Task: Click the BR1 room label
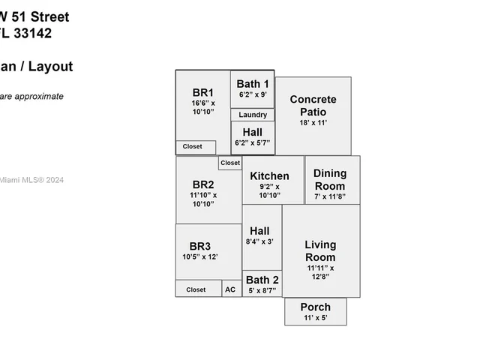pos(202,93)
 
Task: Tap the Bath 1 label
pos(253,83)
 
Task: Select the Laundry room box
pos(253,115)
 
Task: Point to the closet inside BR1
pos(193,147)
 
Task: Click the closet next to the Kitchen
pos(230,163)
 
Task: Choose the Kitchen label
pos(269,176)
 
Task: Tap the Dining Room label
pos(330,180)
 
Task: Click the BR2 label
pos(202,184)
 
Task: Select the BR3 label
pos(199,246)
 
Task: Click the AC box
pos(230,289)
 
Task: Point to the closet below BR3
pos(196,289)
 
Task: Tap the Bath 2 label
pos(261,280)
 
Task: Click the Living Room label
pos(320,251)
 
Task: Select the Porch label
pos(315,307)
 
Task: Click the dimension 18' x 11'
pos(313,121)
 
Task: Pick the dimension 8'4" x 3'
pos(259,241)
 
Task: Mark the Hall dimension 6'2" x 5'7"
pos(253,142)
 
